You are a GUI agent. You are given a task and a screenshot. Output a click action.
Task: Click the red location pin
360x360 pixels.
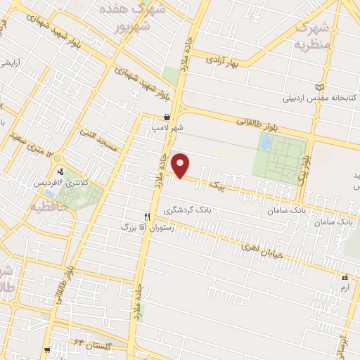(x=181, y=166)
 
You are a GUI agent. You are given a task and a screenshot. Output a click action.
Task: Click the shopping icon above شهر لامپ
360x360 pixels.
(x=166, y=117)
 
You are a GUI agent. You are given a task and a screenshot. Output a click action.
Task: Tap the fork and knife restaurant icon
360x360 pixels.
(x=147, y=217)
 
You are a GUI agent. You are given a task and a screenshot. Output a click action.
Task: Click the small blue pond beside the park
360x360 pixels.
(x=265, y=143)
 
